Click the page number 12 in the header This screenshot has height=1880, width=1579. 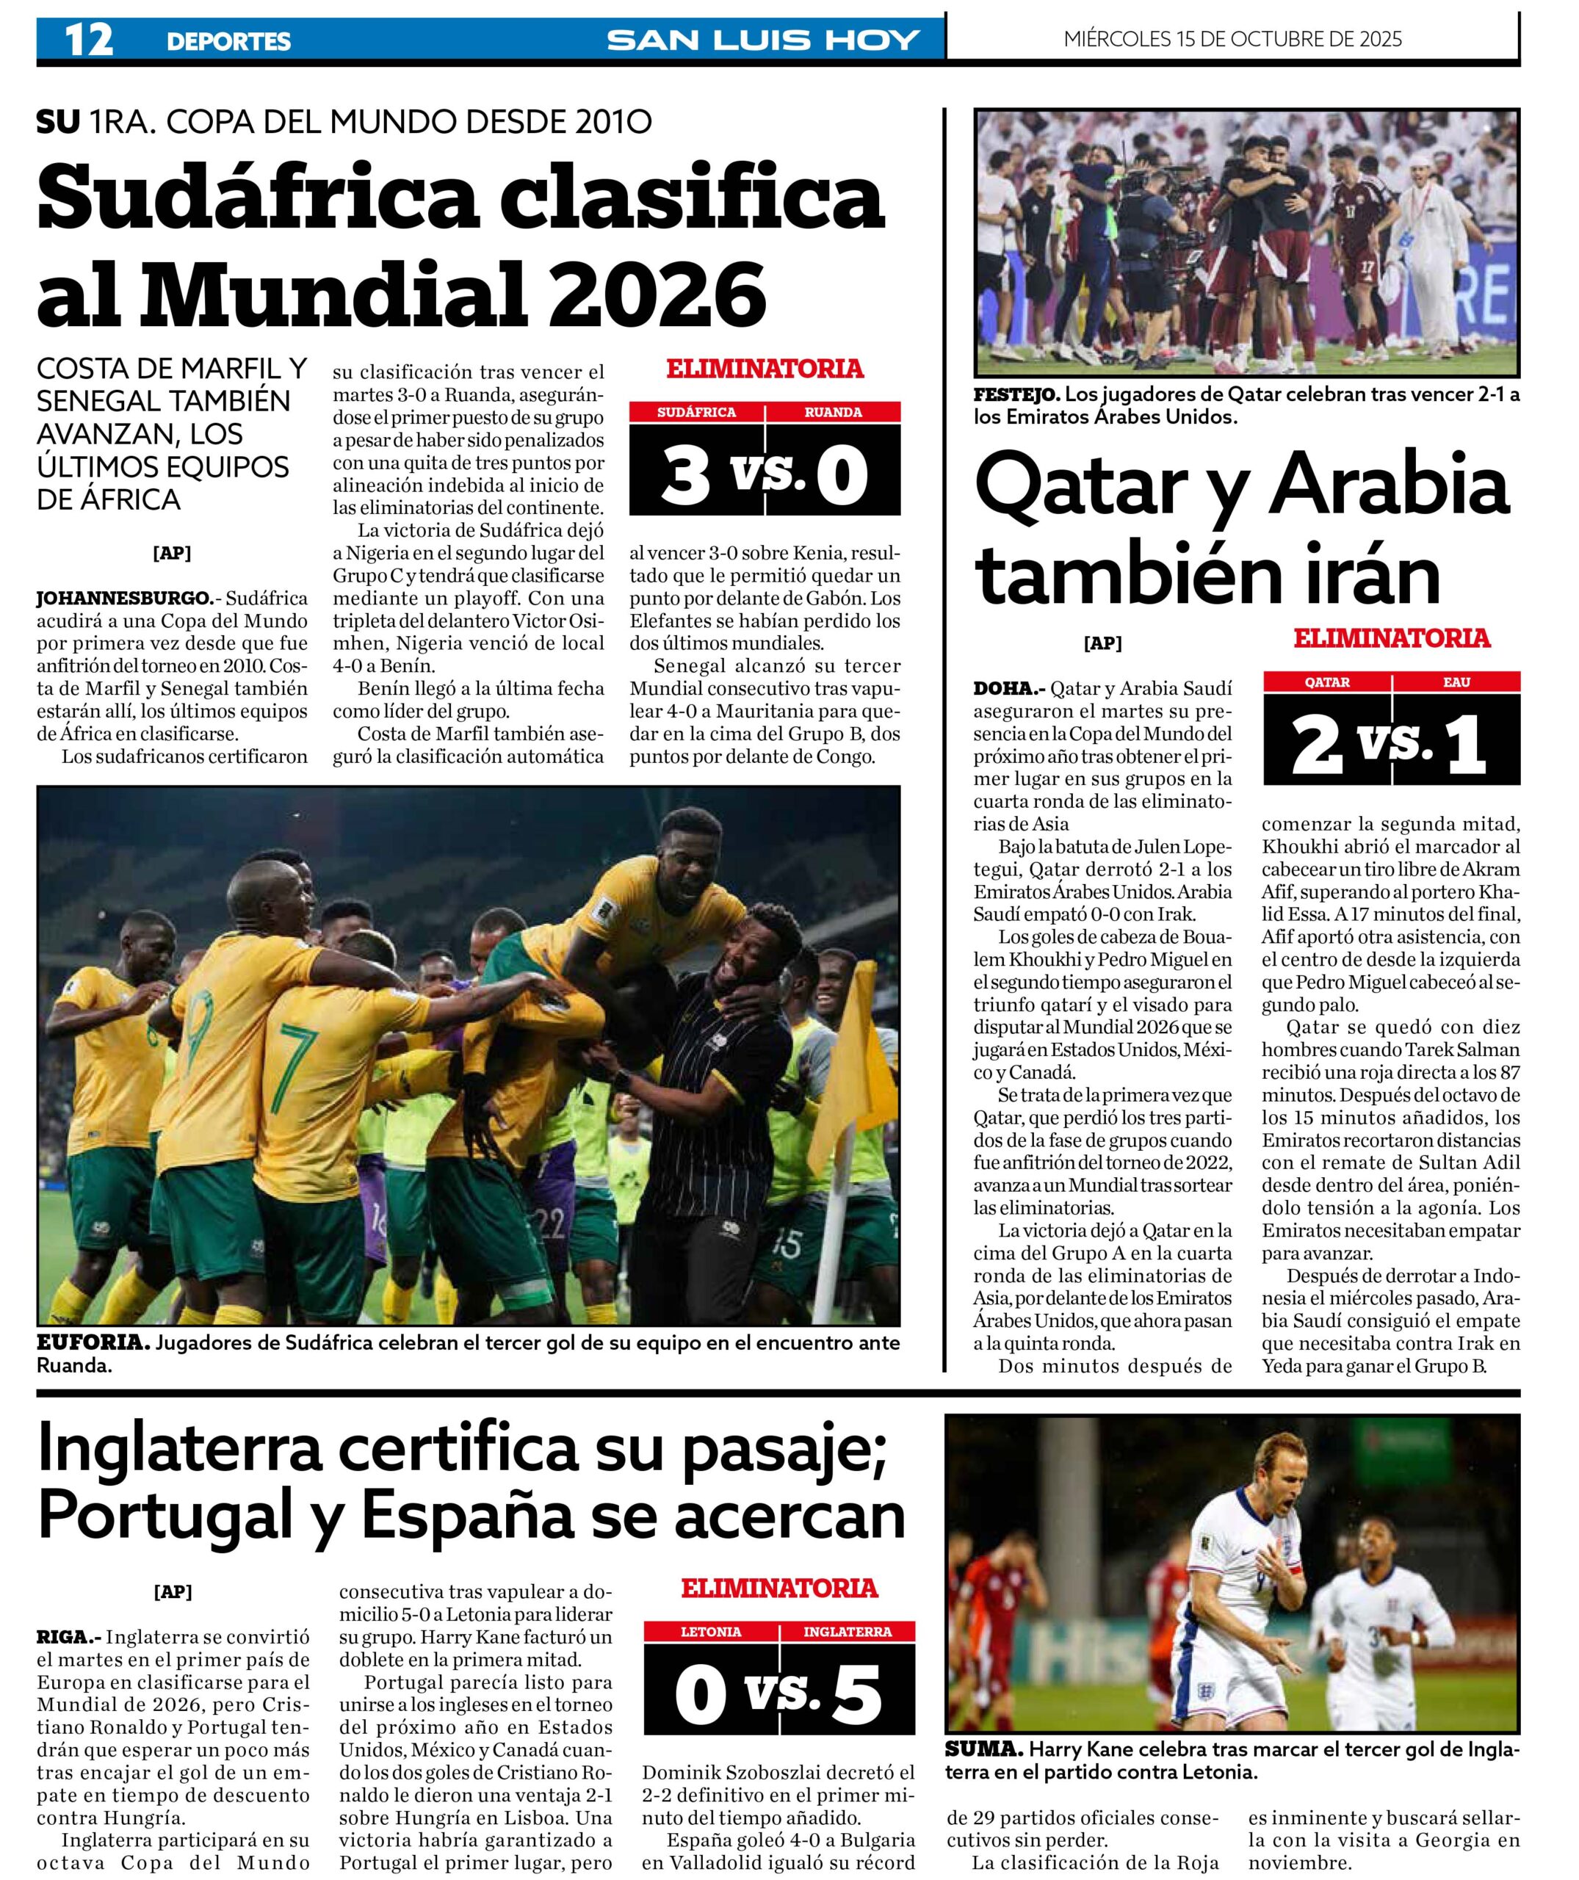tap(89, 40)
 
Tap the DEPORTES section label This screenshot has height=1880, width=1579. tap(228, 41)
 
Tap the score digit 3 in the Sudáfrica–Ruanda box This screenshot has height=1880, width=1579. tap(684, 474)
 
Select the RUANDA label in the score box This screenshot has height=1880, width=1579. tap(833, 413)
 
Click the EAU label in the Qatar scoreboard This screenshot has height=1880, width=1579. tap(1456, 682)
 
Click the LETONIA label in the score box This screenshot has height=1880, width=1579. tap(711, 1632)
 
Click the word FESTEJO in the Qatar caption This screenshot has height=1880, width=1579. tap(1016, 395)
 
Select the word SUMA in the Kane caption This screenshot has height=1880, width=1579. tap(983, 1774)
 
